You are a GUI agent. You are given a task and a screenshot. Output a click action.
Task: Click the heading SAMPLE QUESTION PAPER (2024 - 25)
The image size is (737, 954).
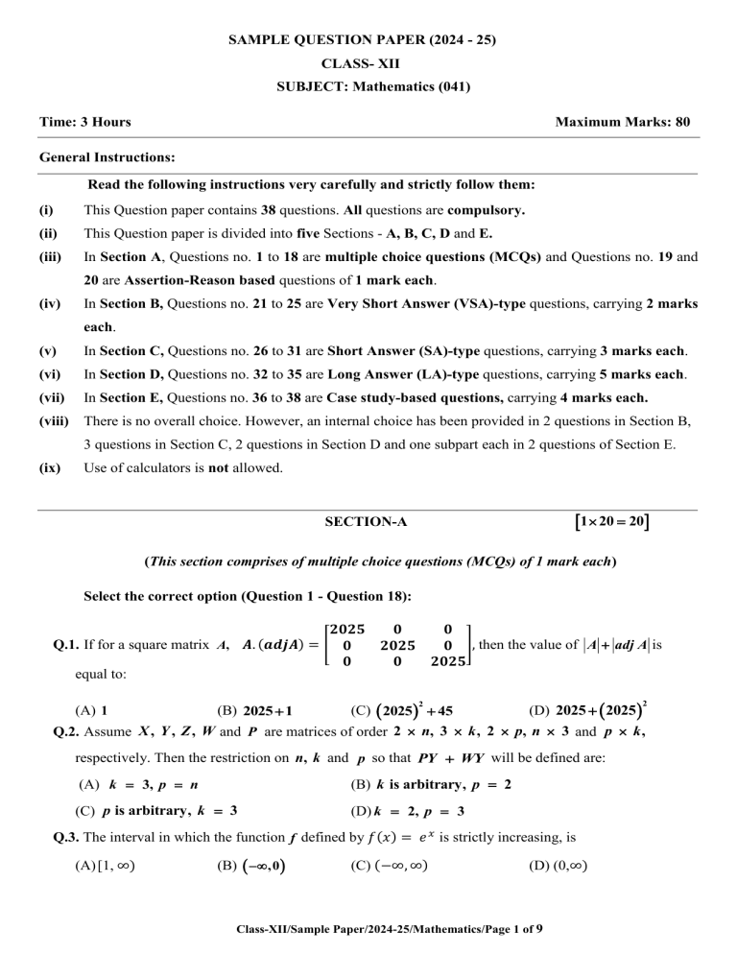click(368, 40)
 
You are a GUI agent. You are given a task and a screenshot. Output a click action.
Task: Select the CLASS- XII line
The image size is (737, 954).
click(368, 64)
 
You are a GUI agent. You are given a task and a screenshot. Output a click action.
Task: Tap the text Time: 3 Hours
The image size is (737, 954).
click(85, 122)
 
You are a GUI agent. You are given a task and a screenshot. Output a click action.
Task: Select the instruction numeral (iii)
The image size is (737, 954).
click(52, 257)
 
